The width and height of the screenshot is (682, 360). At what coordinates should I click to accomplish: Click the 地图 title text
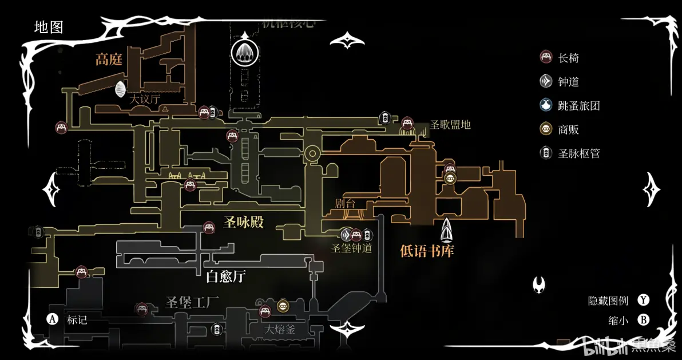click(x=49, y=27)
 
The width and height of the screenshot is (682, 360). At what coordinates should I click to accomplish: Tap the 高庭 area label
click(x=109, y=60)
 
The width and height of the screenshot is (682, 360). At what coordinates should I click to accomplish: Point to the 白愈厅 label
click(x=225, y=277)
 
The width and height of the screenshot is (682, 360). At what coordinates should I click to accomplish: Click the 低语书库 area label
click(x=427, y=250)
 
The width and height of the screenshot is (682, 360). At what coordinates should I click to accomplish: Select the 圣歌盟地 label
click(x=450, y=124)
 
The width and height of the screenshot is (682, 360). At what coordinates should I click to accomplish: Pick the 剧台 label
click(x=346, y=203)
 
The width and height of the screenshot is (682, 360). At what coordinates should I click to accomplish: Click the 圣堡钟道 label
click(x=352, y=248)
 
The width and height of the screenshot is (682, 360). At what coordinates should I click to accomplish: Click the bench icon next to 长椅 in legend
click(x=546, y=58)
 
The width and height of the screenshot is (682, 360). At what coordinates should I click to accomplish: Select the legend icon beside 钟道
click(x=546, y=81)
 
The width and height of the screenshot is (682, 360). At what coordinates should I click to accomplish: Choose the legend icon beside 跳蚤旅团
click(x=546, y=105)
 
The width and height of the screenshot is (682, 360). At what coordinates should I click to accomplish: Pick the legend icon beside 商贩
click(x=546, y=129)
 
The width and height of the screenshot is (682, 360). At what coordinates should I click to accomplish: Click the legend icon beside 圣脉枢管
click(x=546, y=153)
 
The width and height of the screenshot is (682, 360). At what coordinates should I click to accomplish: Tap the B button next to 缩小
click(x=644, y=321)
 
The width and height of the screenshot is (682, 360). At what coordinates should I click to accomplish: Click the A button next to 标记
click(x=53, y=319)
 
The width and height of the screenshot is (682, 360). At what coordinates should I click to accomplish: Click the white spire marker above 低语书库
click(x=447, y=230)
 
